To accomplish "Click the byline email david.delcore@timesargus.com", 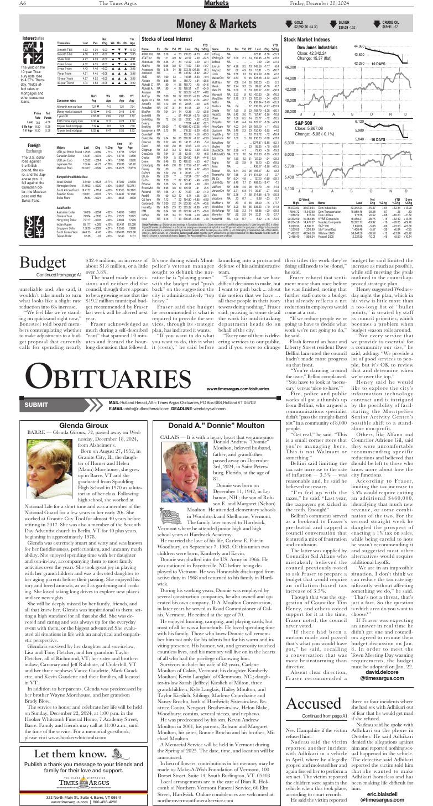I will point(399,634).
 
